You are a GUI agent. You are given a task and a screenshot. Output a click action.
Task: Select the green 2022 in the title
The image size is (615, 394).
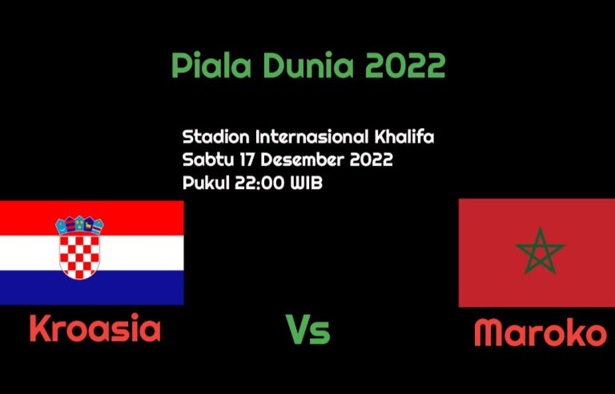(405, 65)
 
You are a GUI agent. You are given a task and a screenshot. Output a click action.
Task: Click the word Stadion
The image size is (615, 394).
(215, 137)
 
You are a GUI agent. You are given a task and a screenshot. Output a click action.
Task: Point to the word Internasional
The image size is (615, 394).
(312, 137)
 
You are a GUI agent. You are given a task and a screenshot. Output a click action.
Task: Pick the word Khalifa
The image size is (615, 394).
(404, 137)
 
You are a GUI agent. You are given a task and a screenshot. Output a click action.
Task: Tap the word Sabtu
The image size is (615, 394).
(207, 159)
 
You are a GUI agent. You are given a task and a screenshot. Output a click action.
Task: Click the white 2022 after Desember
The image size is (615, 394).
(371, 160)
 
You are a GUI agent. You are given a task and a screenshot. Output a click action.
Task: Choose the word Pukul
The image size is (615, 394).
(206, 183)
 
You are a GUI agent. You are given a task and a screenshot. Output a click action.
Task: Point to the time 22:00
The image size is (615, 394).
(259, 183)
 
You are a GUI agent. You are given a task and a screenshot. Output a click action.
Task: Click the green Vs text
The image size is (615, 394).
(307, 330)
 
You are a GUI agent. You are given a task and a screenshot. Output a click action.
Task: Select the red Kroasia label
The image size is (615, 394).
(95, 328)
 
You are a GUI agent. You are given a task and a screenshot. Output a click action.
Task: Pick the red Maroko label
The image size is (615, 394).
(540, 332)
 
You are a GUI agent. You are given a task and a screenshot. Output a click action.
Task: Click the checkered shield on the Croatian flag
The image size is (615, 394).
(79, 255)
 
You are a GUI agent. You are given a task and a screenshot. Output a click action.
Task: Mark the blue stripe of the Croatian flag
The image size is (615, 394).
(92, 287)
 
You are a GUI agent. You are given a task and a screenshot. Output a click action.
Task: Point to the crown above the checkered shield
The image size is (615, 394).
(79, 225)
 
